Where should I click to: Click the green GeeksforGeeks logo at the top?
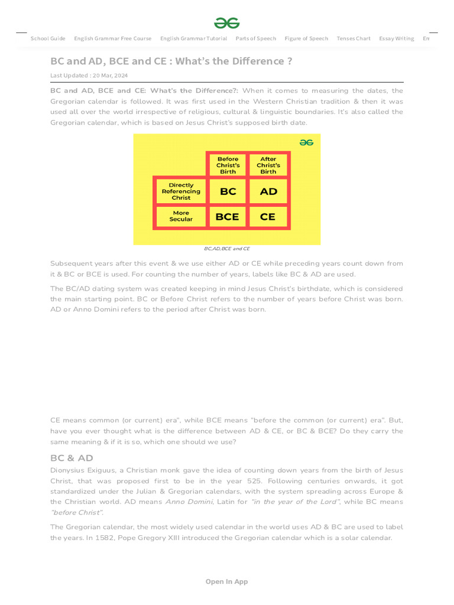227,23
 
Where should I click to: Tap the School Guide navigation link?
48,38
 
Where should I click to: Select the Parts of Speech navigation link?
255,38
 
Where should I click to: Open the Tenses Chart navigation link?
354,38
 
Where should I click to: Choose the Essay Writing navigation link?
396,38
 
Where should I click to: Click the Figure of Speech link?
306,38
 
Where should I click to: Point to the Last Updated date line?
89,76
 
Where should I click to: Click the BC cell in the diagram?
228,191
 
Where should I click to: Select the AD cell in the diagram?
268,191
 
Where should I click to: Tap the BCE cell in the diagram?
227,217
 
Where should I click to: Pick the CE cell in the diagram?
268,217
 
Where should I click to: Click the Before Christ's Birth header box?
228,165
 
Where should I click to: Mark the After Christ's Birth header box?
268,165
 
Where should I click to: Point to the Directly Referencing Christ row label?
181,191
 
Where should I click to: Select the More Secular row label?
181,216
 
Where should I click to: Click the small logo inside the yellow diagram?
306,142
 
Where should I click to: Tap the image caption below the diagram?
227,249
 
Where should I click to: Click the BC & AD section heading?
72,458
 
